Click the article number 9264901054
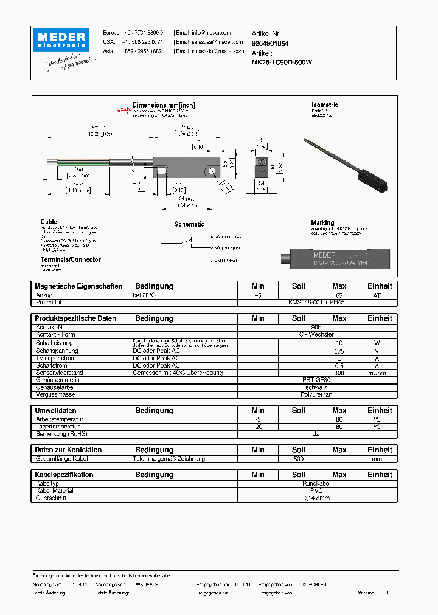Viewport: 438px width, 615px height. [x=270, y=43]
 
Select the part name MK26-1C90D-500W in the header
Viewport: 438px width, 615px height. [x=282, y=62]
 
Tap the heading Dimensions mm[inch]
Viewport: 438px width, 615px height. [x=164, y=105]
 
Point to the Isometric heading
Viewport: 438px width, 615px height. [x=324, y=105]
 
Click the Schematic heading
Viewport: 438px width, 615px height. [x=189, y=224]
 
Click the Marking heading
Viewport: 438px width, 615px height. [x=322, y=223]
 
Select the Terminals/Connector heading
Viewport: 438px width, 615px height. [x=70, y=259]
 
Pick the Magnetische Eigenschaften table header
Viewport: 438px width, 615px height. [x=78, y=286]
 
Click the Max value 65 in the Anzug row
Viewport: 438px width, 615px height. [x=339, y=295]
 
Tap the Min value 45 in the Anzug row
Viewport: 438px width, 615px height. [x=258, y=295]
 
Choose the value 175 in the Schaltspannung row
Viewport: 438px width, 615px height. [x=339, y=351]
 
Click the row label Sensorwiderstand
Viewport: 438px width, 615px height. [x=59, y=373]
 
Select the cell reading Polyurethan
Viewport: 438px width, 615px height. [x=316, y=394]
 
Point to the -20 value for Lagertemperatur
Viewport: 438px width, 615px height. [x=258, y=427]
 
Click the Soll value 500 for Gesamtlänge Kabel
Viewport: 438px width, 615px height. [x=298, y=459]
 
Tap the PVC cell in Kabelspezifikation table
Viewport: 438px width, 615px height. [x=316, y=491]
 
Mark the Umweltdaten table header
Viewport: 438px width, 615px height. [x=55, y=411]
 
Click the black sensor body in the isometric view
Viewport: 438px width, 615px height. [x=372, y=181]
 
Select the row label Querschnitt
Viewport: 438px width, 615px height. [x=51, y=498]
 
